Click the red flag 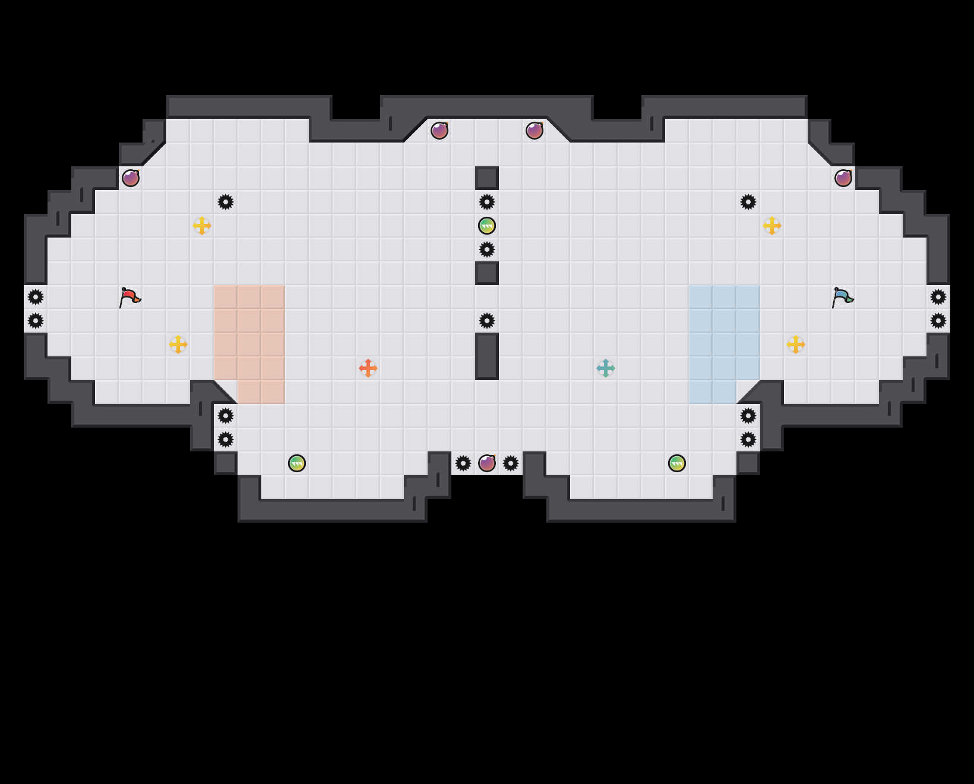pyautogui.click(x=129, y=297)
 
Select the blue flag pyautogui.click(x=842, y=297)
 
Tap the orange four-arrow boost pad pyautogui.click(x=368, y=368)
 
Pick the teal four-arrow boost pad pyautogui.click(x=606, y=368)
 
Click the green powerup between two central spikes pyautogui.click(x=487, y=226)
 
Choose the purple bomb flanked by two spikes pyautogui.click(x=487, y=463)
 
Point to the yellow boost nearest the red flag pyautogui.click(x=178, y=344)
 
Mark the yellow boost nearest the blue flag pyautogui.click(x=796, y=344)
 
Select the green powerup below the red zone pyautogui.click(x=297, y=463)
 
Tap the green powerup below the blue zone pyautogui.click(x=677, y=463)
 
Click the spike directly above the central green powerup pyautogui.click(x=487, y=202)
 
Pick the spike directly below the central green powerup pyautogui.click(x=487, y=249)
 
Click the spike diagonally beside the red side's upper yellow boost pyautogui.click(x=226, y=202)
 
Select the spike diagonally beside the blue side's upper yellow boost pyautogui.click(x=748, y=202)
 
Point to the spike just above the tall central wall pyautogui.click(x=487, y=321)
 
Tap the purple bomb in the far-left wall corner pyautogui.click(x=131, y=178)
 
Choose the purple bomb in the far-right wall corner pyautogui.click(x=843, y=178)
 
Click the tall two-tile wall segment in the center pyautogui.click(x=487, y=356)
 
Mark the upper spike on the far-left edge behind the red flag pyautogui.click(x=36, y=297)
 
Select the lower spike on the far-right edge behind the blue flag pyautogui.click(x=938, y=321)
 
